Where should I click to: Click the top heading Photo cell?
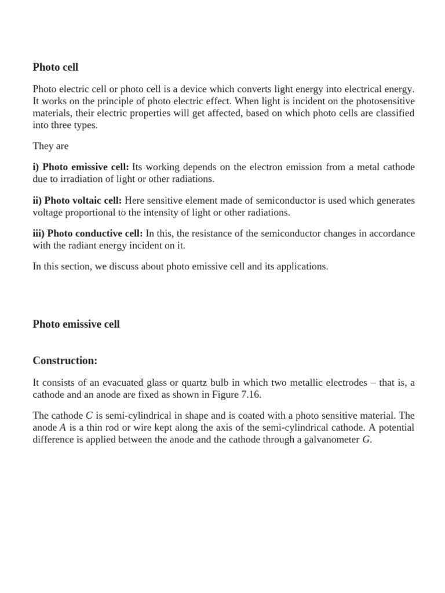[56, 67]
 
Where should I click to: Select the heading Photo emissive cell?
[76, 324]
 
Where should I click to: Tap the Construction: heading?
[65, 361]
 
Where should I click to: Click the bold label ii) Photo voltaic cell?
[77, 200]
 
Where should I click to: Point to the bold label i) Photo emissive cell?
[81, 167]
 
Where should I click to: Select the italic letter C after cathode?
[89, 416]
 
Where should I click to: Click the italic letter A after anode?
[63, 428]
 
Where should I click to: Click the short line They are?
[50, 146]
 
